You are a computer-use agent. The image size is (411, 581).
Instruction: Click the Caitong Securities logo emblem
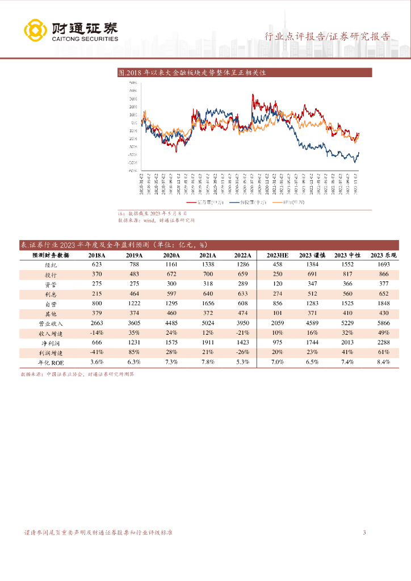point(35,30)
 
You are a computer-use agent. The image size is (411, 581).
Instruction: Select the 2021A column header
point(207,256)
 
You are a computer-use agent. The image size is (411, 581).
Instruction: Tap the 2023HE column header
point(278,256)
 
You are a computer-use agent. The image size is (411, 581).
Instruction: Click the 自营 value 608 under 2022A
point(242,304)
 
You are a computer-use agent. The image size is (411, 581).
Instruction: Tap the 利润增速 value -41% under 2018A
point(97,352)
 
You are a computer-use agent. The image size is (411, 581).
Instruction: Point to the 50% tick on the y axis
point(134,83)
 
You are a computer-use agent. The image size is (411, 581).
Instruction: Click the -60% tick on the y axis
point(132,170)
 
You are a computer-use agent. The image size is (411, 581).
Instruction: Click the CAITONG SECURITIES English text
point(85,39)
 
